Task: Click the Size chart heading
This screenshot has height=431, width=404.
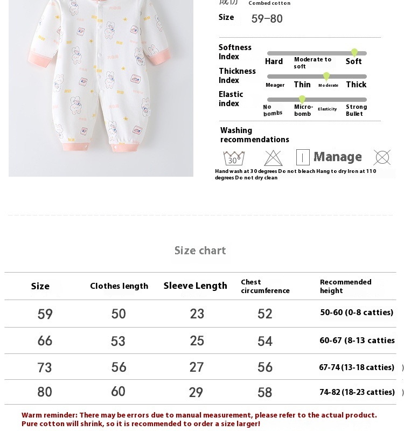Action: [200, 251]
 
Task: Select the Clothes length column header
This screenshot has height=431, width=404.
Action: [119, 286]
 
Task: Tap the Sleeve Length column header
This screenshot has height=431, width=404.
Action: [195, 286]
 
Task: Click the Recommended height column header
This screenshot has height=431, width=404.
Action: [345, 286]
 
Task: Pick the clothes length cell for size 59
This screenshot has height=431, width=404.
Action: [119, 314]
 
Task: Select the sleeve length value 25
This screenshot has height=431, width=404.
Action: [197, 340]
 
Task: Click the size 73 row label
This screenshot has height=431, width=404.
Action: [45, 367]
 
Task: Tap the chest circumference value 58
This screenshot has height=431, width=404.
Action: [264, 392]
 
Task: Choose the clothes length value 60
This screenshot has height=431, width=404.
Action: [118, 392]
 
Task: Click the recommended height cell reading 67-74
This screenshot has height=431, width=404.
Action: [357, 367]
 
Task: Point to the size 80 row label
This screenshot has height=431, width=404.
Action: [45, 392]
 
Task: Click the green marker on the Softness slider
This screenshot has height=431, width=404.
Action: [354, 52]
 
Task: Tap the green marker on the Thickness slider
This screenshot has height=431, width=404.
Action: [326, 76]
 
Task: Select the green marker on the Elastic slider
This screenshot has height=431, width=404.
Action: [302, 99]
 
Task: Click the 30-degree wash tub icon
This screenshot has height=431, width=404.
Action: [234, 158]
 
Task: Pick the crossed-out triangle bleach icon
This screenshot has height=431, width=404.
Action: [273, 158]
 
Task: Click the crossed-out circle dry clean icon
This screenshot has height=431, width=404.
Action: [382, 157]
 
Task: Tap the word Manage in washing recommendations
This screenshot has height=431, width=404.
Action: [337, 157]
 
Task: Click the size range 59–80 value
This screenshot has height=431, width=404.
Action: [267, 19]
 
